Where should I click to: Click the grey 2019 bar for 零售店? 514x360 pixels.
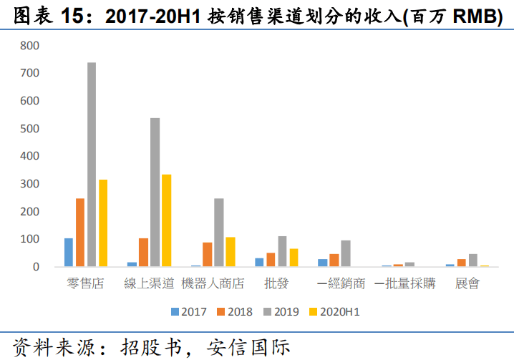pos(92,165)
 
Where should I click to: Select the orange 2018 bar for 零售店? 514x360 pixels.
pos(80,232)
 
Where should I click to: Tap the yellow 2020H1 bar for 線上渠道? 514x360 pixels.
pos(167,220)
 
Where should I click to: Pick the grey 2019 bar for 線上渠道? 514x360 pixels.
pos(155,192)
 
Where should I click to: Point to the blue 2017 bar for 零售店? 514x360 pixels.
pos(69,252)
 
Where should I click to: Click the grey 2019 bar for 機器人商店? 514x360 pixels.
pos(218,232)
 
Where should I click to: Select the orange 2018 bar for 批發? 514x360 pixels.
pos(271,259)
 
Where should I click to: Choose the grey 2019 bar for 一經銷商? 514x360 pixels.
pos(346,253)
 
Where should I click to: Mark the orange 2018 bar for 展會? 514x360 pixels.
pos(462,263)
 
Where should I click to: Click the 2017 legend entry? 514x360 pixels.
pos(189,311)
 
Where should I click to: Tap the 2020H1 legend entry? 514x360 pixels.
pos(334,311)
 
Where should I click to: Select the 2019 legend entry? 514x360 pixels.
pos(281,311)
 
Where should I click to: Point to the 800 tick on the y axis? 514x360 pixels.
pos(29,46)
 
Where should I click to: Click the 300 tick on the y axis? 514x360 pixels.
pos(29,184)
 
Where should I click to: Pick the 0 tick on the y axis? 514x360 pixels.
pos(36,267)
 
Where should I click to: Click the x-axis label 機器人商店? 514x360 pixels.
pos(213,283)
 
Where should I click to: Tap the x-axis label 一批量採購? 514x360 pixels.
pos(405,283)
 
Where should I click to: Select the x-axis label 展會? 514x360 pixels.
pos(467,283)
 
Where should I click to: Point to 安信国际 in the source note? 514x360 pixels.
pos(248,348)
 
